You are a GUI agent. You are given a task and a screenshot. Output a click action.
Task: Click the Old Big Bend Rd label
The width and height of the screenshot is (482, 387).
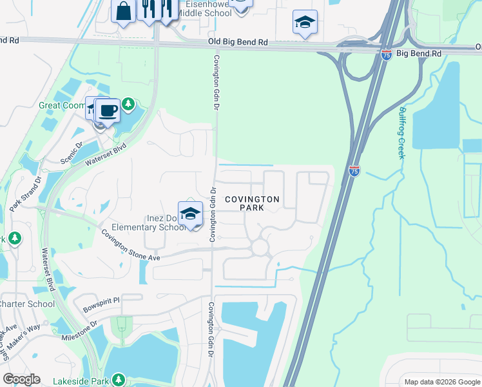pos(238,42)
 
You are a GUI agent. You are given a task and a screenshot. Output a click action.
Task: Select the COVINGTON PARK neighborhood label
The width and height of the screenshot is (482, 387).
pos(252,204)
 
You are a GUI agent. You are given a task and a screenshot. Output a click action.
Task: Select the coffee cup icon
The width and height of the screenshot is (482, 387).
pos(109,110)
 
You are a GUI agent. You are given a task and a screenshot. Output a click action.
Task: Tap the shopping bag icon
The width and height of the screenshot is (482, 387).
pos(122,11)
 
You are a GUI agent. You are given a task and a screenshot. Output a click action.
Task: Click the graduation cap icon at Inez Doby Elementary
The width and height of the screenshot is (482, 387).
pos(190,214)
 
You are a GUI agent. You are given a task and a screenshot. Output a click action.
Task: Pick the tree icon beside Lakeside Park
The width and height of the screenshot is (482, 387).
pos(118,380)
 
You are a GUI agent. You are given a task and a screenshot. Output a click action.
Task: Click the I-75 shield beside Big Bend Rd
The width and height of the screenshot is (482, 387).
pos(386,55)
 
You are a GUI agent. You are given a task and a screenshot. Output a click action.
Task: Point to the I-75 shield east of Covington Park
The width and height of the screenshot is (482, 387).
pos(354,171)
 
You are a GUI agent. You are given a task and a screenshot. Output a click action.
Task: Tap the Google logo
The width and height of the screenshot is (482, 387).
pos(21,379)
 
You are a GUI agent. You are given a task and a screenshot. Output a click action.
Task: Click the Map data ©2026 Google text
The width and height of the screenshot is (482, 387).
pos(441,381)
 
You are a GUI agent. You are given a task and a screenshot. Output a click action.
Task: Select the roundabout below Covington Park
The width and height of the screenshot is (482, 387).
pos(260,247)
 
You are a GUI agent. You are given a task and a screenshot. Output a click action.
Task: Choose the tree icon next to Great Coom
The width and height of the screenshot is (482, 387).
pos(128,104)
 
